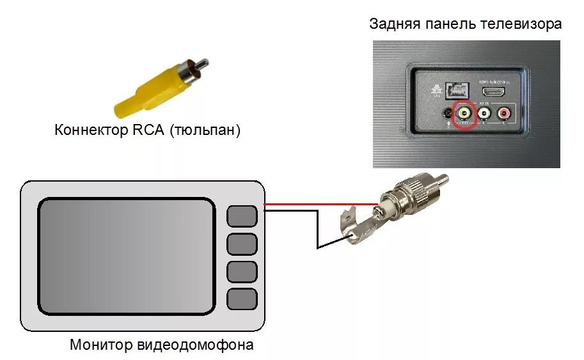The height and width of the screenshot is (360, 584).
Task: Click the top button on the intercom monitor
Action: [x=242, y=215]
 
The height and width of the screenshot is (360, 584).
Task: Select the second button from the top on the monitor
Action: [x=242, y=244]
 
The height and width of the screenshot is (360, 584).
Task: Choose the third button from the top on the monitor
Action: [x=242, y=271]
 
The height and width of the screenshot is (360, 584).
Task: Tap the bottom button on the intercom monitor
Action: [x=242, y=299]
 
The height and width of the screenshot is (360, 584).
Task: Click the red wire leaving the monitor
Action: [x=320, y=205]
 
